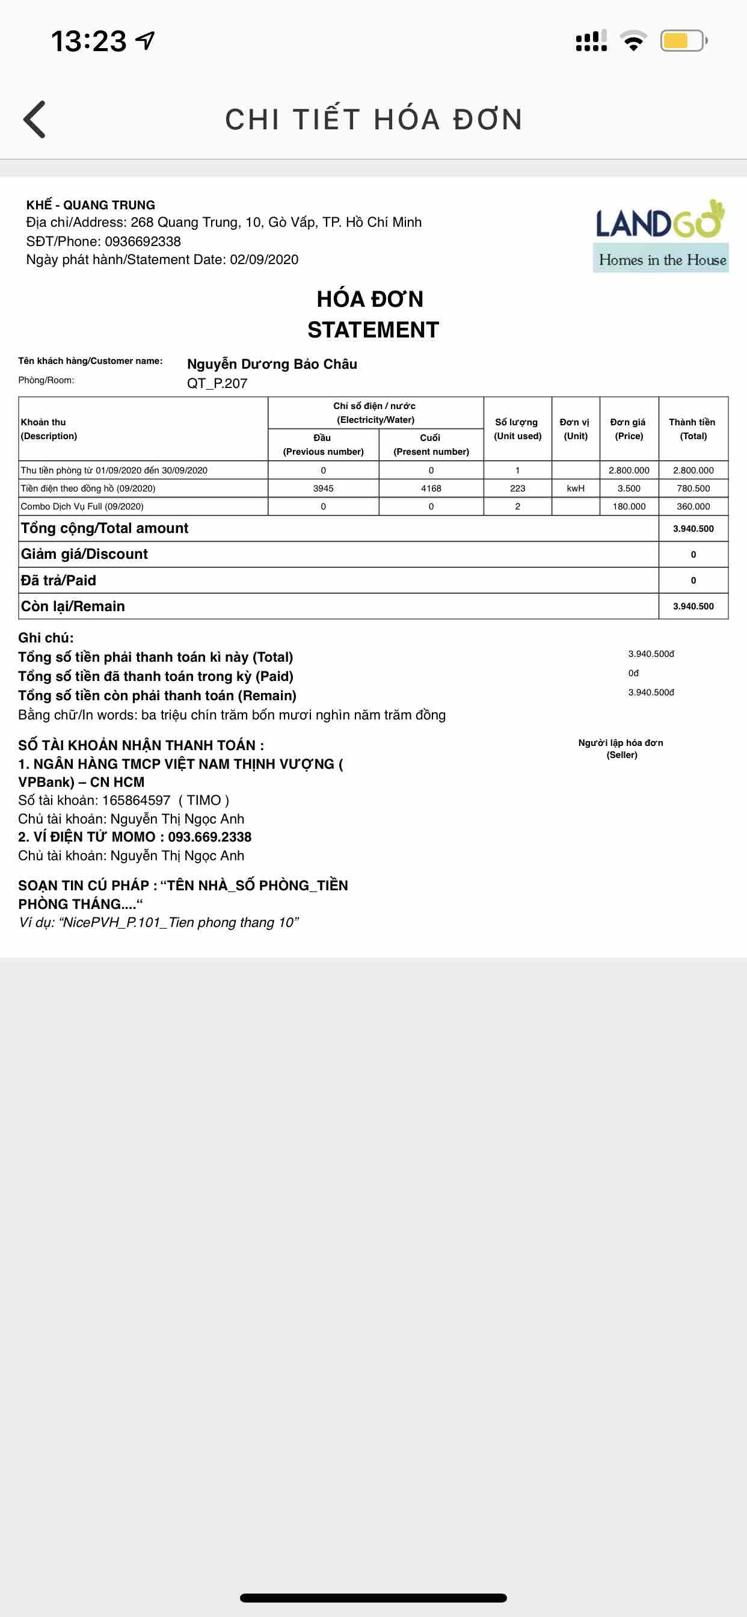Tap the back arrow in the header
35,119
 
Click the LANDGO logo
660,235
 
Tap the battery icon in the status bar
683,42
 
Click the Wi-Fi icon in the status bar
633,41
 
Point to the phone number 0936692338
143,242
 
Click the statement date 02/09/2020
263,260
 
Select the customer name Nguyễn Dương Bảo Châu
272,364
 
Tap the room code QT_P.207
217,384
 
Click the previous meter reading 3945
324,488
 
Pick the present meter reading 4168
431,488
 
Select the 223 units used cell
517,488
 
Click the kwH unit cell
576,488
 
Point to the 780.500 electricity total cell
693,488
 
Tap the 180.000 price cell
629,507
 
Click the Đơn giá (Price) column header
629,429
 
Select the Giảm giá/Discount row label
84,554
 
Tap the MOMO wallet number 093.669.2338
210,837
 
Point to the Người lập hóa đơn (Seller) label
621,748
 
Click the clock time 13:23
88,42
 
